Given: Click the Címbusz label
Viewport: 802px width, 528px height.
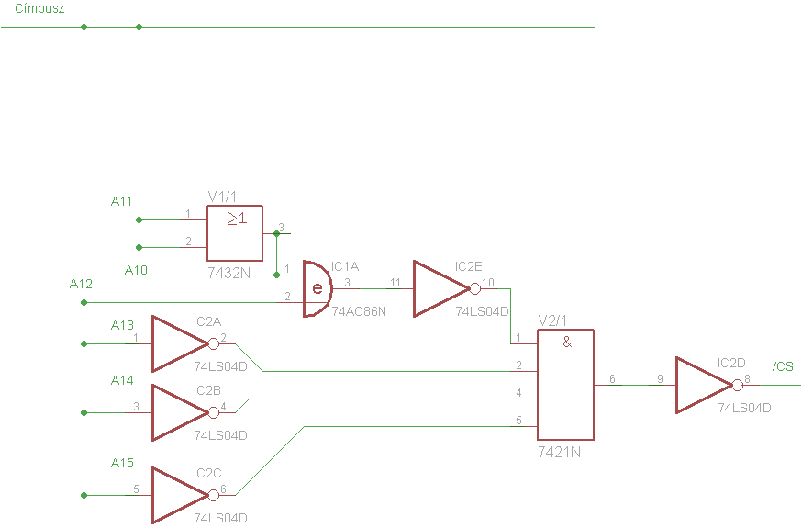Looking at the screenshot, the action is [39, 8].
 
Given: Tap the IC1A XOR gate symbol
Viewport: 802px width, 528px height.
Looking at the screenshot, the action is [317, 289].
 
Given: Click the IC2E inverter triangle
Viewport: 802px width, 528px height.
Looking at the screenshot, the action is [441, 289].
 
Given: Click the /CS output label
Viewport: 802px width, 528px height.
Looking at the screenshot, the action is [783, 366].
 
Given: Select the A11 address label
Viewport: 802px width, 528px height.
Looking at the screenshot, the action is [121, 202].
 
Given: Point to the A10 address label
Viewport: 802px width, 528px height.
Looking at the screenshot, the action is [136, 270].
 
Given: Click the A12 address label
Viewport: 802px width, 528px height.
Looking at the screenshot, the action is [81, 284].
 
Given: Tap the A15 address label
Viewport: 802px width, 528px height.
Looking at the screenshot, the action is [122, 463].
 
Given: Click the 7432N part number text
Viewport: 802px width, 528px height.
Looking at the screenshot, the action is [229, 274].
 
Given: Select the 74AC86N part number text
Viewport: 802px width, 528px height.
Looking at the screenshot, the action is [359, 311].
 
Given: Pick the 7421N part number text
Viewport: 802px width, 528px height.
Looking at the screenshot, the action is [559, 453].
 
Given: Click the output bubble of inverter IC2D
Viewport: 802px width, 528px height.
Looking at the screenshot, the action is [738, 386].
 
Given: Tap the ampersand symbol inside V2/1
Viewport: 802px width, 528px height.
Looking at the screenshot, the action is [567, 343].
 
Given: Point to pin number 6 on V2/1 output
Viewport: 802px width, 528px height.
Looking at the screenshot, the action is [612, 379].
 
